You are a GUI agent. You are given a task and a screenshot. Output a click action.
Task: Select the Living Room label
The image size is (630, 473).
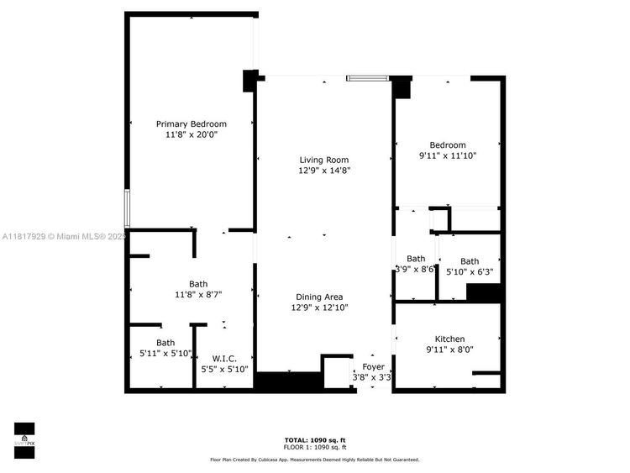click(x=323, y=160)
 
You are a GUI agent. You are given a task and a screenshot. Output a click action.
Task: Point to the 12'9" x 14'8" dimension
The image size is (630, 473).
click(x=323, y=171)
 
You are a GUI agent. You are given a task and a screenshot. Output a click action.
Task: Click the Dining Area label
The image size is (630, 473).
click(x=318, y=297)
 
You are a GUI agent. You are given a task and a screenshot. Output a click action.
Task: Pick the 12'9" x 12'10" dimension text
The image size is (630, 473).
click(x=319, y=307)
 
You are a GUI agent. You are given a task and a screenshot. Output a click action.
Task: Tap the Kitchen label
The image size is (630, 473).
click(x=449, y=339)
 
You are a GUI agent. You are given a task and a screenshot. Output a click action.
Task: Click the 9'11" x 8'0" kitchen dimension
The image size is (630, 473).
click(x=449, y=349)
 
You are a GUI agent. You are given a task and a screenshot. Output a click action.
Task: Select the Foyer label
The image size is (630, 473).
click(x=373, y=367)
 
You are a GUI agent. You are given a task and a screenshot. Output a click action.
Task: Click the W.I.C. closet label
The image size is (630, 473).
click(x=224, y=358)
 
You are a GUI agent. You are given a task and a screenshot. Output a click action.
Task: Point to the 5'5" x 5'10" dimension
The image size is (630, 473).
click(x=224, y=368)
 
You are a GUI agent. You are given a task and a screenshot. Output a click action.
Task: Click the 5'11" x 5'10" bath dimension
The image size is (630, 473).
click(x=165, y=353)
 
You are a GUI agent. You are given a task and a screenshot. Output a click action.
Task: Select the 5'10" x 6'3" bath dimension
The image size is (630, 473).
click(x=470, y=272)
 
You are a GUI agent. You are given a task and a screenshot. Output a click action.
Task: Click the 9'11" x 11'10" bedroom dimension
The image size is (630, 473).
click(x=448, y=155)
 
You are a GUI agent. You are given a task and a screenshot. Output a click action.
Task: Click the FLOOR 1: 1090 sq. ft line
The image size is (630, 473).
click(x=314, y=449)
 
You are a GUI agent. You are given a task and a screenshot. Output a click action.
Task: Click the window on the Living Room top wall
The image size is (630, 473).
click(x=367, y=79)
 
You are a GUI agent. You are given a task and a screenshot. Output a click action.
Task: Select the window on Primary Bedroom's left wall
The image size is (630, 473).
click(x=127, y=208)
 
